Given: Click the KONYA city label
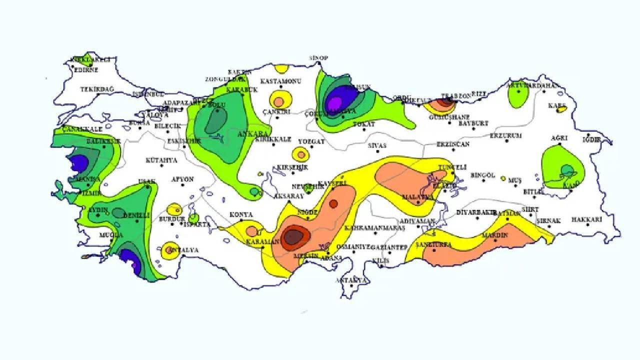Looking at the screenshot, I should coord(241,215).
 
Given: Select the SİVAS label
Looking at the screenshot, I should coord(377,145).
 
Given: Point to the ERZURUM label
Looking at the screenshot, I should coord(505,135).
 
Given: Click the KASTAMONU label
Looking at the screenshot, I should coord(280,81).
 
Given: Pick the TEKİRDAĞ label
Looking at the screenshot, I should coord(97,89).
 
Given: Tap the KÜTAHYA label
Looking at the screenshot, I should coord(161,160).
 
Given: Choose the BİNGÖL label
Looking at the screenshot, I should coord(482,175).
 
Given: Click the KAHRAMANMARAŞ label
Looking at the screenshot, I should coord(374,228).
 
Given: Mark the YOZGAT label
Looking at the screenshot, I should coord(311,141).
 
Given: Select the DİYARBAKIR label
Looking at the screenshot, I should coord(475,212).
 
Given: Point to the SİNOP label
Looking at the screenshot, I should coord(318,58).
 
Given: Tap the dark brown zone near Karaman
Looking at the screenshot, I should coord(294,236).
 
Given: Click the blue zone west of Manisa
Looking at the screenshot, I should coord(78,162).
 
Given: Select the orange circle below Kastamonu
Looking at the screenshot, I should coord(279,101).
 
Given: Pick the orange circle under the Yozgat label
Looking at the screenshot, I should coord(301,153).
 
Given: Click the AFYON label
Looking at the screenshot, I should coord(182,179).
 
